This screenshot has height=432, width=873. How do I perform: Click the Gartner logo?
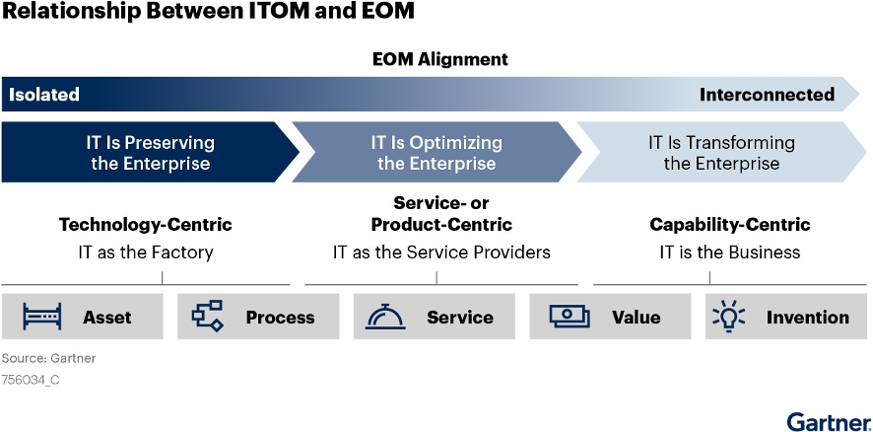pyautogui.click(x=829, y=421)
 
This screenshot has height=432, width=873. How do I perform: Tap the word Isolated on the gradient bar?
pyautogui.click(x=44, y=95)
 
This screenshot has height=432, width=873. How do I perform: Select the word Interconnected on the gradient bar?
pyautogui.click(x=767, y=95)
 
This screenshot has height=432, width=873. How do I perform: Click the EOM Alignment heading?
pyautogui.click(x=439, y=59)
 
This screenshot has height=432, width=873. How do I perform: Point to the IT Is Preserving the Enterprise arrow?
pyautogui.click(x=151, y=152)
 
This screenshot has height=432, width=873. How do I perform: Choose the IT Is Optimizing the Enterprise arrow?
pyautogui.click(x=436, y=152)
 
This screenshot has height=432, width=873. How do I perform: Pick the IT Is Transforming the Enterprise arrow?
pyautogui.click(x=721, y=152)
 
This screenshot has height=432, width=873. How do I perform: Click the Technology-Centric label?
pyautogui.click(x=145, y=225)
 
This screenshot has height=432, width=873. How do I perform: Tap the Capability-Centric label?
pyautogui.click(x=730, y=225)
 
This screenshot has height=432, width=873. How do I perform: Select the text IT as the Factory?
pyautogui.click(x=145, y=252)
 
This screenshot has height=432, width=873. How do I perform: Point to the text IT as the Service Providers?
pyautogui.click(x=441, y=252)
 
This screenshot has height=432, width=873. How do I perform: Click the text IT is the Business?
pyautogui.click(x=730, y=252)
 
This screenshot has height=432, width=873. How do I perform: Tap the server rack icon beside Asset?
pyautogui.click(x=41, y=317)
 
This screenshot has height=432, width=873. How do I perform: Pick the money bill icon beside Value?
pyautogui.click(x=570, y=316)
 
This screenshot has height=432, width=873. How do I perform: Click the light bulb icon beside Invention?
pyautogui.click(x=729, y=316)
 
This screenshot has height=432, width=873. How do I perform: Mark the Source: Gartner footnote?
pyautogui.click(x=48, y=358)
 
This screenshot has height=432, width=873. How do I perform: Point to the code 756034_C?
pyautogui.click(x=31, y=380)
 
